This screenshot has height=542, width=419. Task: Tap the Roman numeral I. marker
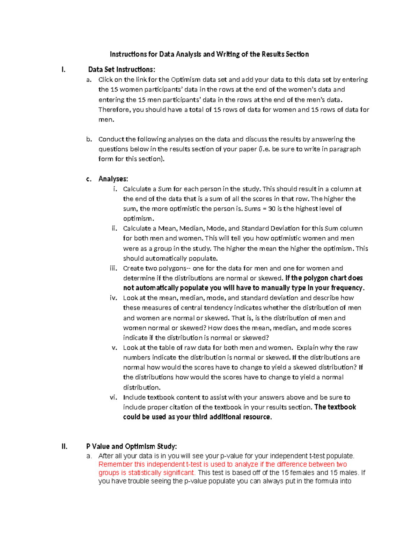[63, 69]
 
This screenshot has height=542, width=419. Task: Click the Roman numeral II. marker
[64, 446]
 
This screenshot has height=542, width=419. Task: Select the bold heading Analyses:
[113, 179]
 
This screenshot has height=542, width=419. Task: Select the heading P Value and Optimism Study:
[132, 446]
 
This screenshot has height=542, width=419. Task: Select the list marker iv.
[113, 298]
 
